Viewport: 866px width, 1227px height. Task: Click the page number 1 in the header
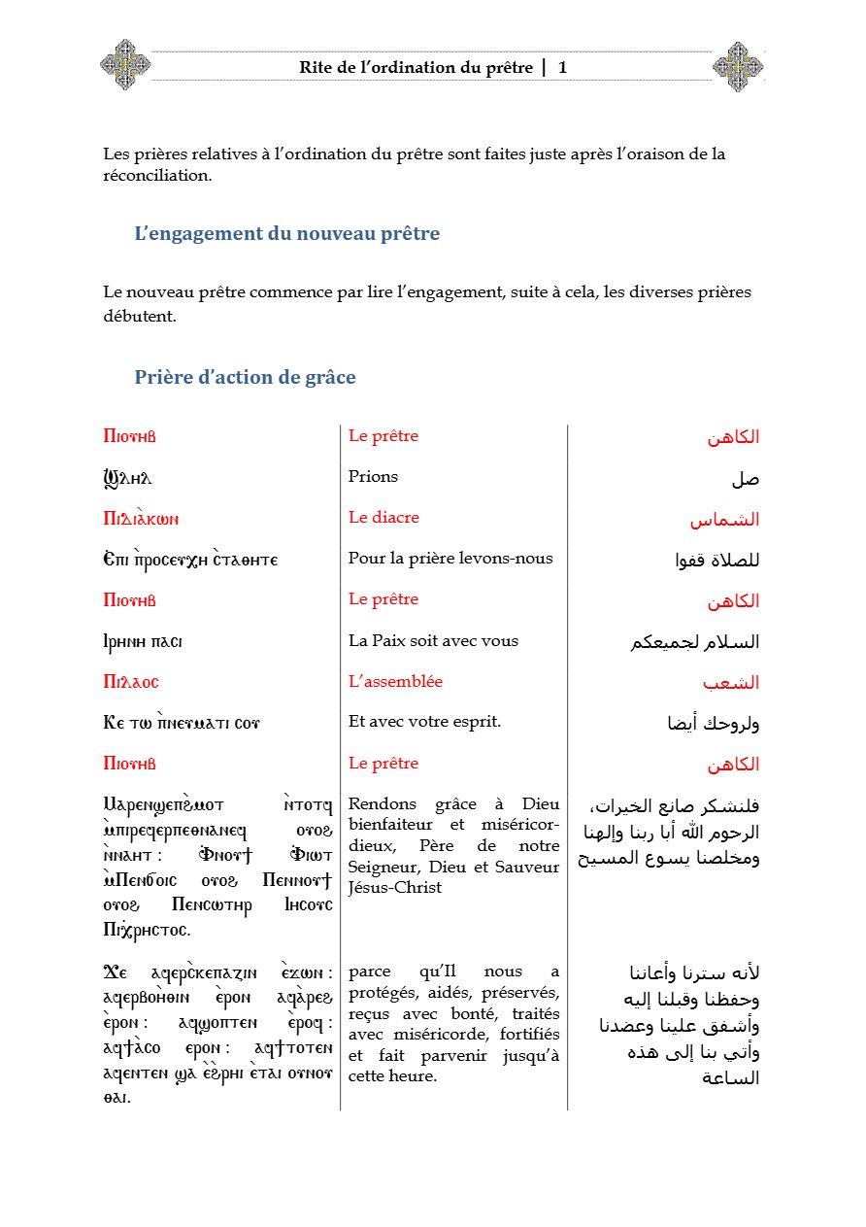563,67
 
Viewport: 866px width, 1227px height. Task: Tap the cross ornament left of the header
125,66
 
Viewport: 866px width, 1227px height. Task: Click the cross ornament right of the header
738,66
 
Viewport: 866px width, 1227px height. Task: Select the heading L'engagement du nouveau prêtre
286,234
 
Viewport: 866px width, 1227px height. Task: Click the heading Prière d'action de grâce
245,378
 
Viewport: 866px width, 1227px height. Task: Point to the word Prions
373,476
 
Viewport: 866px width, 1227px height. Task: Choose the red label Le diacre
383,517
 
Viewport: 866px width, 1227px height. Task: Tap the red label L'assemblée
395,681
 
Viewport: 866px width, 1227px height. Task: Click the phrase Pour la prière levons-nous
450,558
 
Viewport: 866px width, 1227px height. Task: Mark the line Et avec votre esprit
424,722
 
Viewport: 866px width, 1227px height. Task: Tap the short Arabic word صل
746,479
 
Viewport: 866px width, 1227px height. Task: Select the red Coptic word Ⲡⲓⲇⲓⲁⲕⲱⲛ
141,518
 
